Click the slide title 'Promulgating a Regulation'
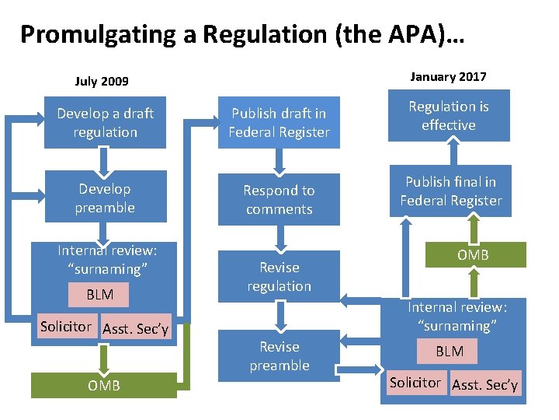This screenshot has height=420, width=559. pos(241,34)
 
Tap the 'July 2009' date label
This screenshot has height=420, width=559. pos(102,81)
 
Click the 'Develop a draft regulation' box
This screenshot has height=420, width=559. pos(105,123)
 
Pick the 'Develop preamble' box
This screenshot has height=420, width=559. pos(105,198)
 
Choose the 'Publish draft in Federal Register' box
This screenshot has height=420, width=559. pos(279,123)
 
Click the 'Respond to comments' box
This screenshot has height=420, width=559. pos(279,200)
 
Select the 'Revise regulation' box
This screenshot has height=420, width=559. pos(279,277)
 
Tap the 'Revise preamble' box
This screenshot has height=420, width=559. pos(279,356)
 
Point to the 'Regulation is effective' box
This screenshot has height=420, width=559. pos(448,116)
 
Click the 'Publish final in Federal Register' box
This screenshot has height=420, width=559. pos(450,191)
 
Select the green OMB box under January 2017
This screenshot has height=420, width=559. pos(473,254)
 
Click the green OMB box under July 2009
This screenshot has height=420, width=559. pos(103,385)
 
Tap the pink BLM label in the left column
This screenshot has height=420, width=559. pos(99,295)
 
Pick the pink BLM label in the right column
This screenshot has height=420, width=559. pos(450,352)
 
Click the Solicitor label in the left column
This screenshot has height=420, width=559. pos(66,327)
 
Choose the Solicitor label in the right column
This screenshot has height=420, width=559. pos(415,383)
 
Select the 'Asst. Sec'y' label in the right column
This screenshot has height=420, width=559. pos(484,384)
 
